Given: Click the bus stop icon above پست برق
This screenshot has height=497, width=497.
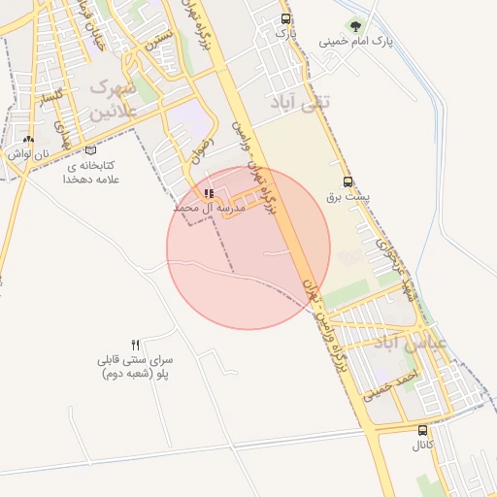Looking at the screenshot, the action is click(x=348, y=181).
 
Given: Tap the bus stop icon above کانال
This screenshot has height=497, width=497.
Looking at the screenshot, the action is click(x=421, y=430).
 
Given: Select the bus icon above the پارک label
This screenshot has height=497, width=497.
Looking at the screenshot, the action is click(x=284, y=18).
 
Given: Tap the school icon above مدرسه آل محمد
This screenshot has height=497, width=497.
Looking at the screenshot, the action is click(x=209, y=193).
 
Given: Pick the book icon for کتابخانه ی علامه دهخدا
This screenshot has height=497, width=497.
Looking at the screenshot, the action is click(x=91, y=150).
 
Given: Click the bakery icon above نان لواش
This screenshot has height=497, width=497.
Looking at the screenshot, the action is click(x=28, y=140).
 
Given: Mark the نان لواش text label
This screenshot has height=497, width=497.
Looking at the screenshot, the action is click(x=27, y=153).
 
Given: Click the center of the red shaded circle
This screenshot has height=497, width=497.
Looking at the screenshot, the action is click(x=248, y=248).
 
